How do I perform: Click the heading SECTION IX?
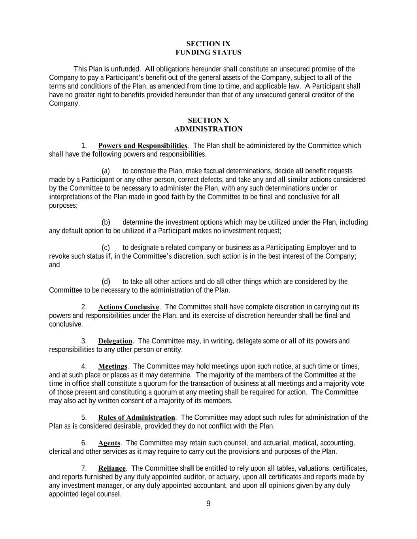coord(208,44)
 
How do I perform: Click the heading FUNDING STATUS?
coord(208,53)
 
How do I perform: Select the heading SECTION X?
coord(208,120)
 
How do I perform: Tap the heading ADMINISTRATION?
coord(208,129)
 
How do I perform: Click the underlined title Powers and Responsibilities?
coord(142,146)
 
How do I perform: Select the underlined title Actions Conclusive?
coord(128,307)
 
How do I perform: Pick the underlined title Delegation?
coord(115,341)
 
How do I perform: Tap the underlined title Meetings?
coord(113,366)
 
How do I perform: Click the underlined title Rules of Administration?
coord(136,418)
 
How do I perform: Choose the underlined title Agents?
coord(109,443)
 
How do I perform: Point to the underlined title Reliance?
coord(112,469)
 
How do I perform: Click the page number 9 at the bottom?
coord(208,503)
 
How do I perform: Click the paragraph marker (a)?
coord(106,171)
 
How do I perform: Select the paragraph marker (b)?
coord(106,222)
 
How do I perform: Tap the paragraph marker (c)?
coord(106,248)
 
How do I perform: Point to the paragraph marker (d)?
coord(106,282)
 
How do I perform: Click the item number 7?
coord(84,469)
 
